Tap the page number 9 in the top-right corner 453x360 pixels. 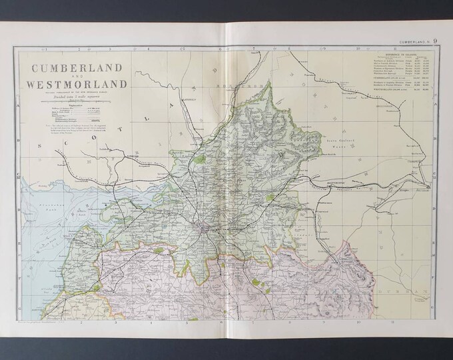coord(435,45)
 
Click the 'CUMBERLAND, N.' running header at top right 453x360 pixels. coord(411,46)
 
